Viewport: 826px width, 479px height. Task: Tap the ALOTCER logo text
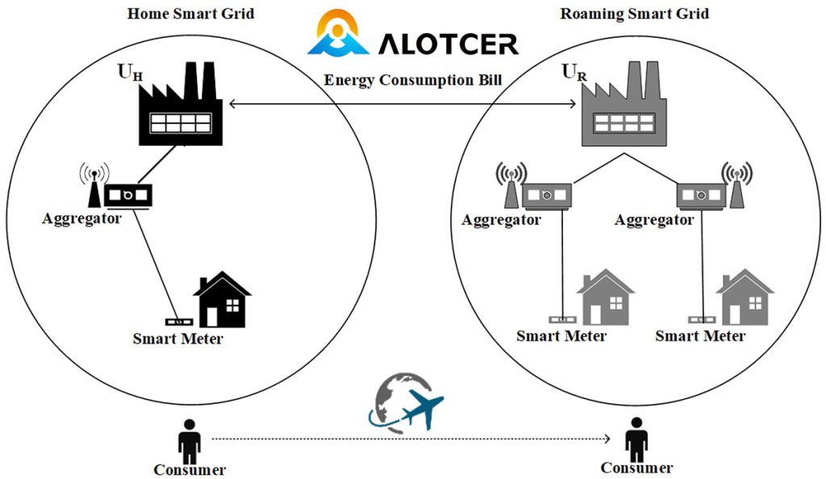(448, 44)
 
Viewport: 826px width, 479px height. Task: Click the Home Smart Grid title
(190, 13)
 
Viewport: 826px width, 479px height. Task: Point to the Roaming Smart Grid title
(634, 13)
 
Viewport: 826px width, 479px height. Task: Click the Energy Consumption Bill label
(412, 80)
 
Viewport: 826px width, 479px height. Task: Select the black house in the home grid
(223, 299)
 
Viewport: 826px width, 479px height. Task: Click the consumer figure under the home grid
(189, 442)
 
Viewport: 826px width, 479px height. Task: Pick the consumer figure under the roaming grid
(636, 440)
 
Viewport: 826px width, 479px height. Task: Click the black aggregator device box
(128, 196)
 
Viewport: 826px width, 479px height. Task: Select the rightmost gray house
(745, 297)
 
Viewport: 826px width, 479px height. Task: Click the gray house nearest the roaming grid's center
(606, 297)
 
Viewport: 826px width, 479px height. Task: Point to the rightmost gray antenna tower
(737, 185)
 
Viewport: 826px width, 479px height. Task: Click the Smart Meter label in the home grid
(177, 339)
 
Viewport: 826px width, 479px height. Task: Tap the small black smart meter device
(179, 321)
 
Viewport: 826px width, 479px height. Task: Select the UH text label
(130, 72)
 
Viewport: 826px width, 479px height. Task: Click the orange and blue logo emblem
(338, 32)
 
